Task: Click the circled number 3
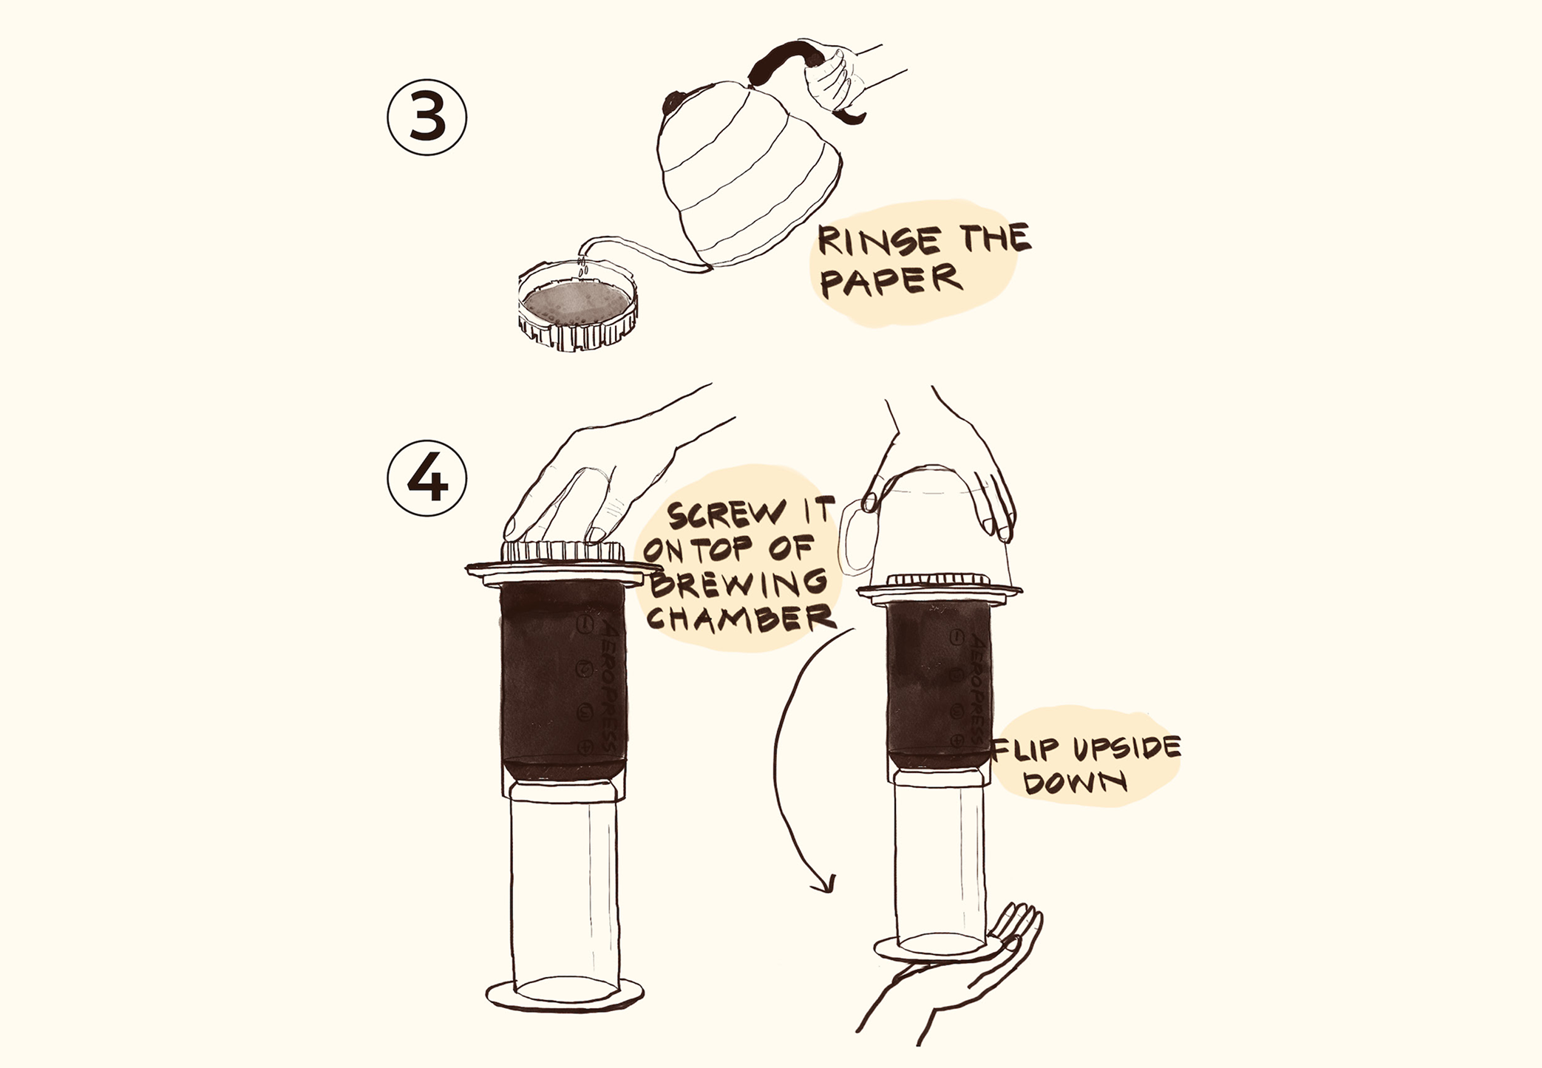(427, 118)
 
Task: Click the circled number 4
(427, 478)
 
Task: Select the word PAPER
(890, 281)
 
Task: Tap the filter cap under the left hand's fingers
(563, 551)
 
